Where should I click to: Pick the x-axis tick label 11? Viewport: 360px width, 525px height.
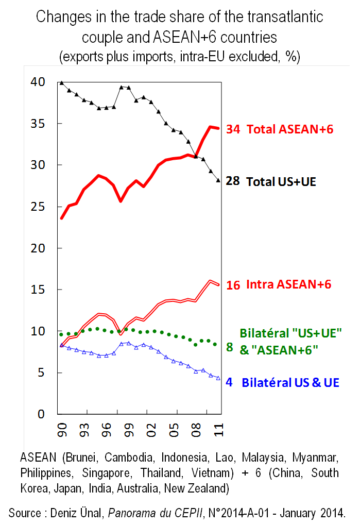click(x=218, y=429)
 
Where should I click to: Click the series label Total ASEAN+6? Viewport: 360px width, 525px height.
click(x=290, y=129)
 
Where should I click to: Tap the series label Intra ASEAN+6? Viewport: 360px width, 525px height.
click(x=288, y=284)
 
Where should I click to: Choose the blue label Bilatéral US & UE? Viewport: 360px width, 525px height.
click(x=290, y=383)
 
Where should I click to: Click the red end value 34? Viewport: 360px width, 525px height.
click(x=233, y=129)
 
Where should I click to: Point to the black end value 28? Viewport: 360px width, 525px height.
click(x=233, y=181)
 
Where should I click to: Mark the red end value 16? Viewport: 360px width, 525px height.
click(x=233, y=285)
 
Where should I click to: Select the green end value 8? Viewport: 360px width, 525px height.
click(x=230, y=347)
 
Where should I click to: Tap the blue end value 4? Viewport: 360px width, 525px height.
click(x=230, y=383)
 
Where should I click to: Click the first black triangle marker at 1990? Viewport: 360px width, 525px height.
click(x=62, y=82)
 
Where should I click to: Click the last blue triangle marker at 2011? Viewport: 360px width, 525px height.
click(x=218, y=378)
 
